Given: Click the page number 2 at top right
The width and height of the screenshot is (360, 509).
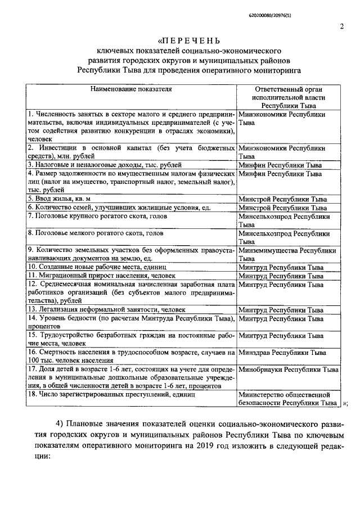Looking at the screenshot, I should click(x=341, y=26).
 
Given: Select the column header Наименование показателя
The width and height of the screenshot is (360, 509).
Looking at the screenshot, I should click(x=132, y=88).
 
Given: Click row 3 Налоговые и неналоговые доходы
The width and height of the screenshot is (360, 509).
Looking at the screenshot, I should click(x=105, y=165).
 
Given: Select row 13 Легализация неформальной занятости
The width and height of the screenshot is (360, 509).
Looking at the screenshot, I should click(x=106, y=309).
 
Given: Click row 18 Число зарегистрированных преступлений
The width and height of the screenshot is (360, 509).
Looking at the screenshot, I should click(x=111, y=395).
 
